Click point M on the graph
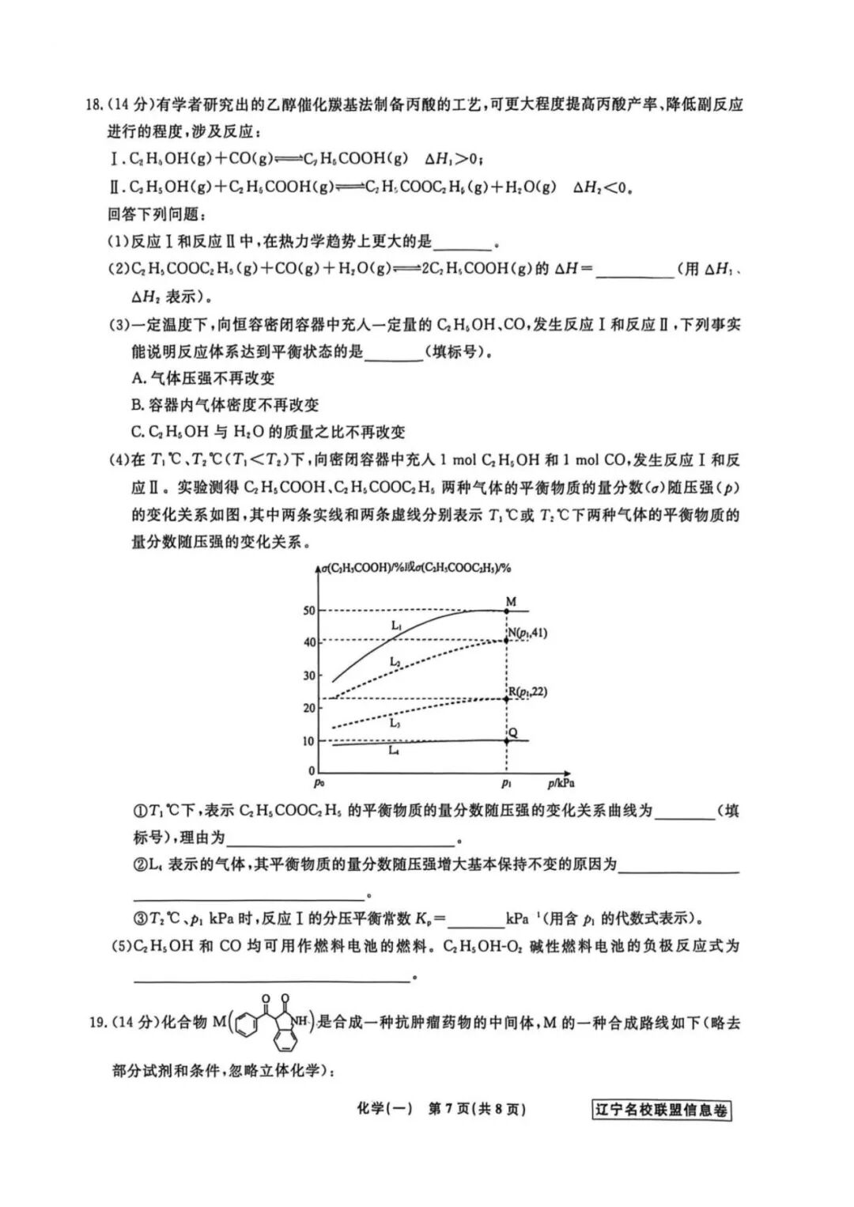pyautogui.click(x=507, y=611)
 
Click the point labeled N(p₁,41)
pyautogui.click(x=507, y=639)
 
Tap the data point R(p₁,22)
pyautogui.click(x=507, y=698)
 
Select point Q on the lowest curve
pyautogui.click(x=507, y=740)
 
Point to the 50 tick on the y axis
pyautogui.click(x=308, y=611)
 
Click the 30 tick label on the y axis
pyautogui.click(x=308, y=675)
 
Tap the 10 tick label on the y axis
pyautogui.click(x=308, y=741)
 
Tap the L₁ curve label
pyautogui.click(x=396, y=626)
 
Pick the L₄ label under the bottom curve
pyautogui.click(x=393, y=751)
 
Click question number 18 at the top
pyautogui.click(x=94, y=105)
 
